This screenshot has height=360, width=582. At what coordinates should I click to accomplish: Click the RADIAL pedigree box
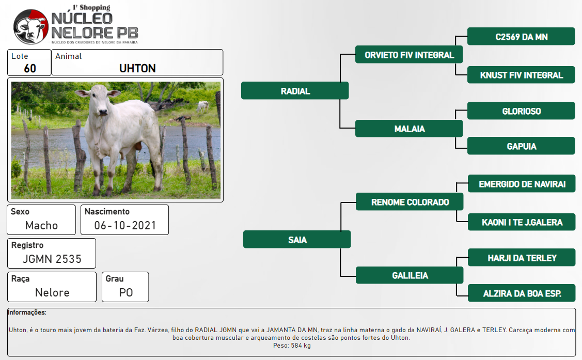pyautogui.click(x=295, y=90)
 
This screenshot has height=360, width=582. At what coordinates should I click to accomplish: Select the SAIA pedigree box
pyautogui.click(x=297, y=239)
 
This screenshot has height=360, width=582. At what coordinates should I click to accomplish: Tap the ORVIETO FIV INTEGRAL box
pyautogui.click(x=409, y=55)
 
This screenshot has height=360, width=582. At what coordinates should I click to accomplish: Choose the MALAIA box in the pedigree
pyautogui.click(x=409, y=129)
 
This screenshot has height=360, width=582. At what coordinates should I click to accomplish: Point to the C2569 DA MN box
pyautogui.click(x=521, y=36)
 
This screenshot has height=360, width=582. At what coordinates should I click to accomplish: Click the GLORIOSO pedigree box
pyautogui.click(x=521, y=111)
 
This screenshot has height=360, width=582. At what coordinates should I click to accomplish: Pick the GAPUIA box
pyautogui.click(x=521, y=146)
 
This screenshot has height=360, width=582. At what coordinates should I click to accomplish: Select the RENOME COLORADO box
pyautogui.click(x=410, y=201)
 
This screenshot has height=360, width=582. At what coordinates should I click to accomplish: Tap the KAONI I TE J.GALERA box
pyautogui.click(x=522, y=222)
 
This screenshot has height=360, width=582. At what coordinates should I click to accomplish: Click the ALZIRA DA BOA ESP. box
pyautogui.click(x=522, y=293)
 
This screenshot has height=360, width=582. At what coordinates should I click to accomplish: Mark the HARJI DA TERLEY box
pyautogui.click(x=522, y=258)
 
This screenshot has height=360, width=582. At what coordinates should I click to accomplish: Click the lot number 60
pyautogui.click(x=30, y=68)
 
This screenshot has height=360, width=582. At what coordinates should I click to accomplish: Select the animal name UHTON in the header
pyautogui.click(x=137, y=68)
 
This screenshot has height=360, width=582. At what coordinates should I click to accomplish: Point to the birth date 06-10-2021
pyautogui.click(x=125, y=225)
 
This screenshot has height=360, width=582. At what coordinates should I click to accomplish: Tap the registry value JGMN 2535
pyautogui.click(x=52, y=259)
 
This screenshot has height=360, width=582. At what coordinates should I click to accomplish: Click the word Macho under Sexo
pyautogui.click(x=41, y=225)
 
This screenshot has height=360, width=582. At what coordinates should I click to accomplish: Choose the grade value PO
pyautogui.click(x=126, y=292)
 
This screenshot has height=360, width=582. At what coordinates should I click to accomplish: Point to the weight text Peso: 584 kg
pyautogui.click(x=292, y=346)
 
